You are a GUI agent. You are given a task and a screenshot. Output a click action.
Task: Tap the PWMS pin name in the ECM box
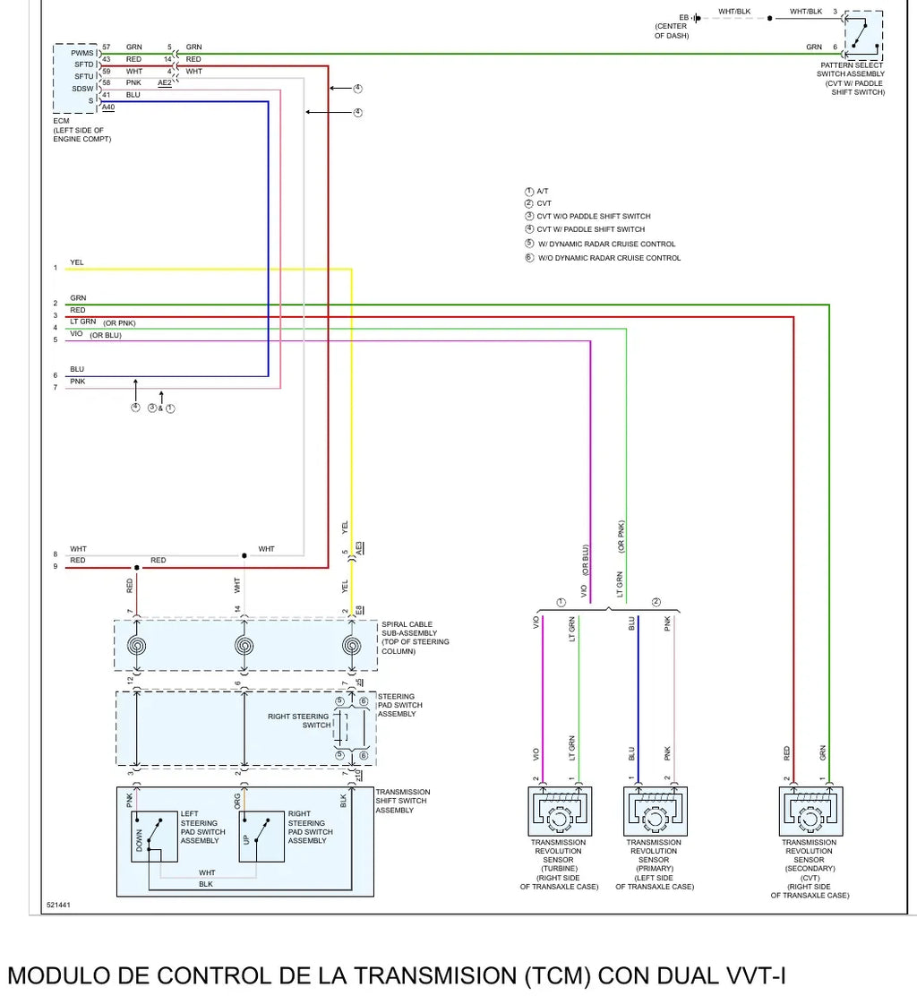(81, 53)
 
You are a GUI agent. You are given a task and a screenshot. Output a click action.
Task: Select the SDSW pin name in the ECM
(82, 89)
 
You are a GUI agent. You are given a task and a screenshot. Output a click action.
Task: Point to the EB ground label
(683, 17)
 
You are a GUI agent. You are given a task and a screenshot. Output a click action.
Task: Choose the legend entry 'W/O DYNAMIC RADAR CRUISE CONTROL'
(603, 258)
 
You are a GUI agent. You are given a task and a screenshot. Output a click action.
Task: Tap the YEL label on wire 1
(77, 262)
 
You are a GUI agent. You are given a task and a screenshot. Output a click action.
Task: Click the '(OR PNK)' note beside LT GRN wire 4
(119, 322)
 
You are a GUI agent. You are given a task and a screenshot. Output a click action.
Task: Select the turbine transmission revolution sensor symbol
(560, 811)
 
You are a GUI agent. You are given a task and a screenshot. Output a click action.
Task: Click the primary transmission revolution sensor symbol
(656, 811)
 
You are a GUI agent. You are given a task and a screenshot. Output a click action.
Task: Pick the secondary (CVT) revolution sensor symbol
(811, 811)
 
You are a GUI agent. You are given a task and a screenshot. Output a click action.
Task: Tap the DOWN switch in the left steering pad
(154, 836)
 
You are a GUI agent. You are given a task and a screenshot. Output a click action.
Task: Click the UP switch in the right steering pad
(261, 836)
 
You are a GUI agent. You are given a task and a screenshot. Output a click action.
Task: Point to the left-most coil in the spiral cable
(136, 646)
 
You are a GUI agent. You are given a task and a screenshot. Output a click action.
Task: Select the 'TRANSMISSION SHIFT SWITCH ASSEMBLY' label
(403, 801)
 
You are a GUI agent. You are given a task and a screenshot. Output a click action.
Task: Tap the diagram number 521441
(58, 905)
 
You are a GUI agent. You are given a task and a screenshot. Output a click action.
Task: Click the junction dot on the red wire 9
(136, 567)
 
